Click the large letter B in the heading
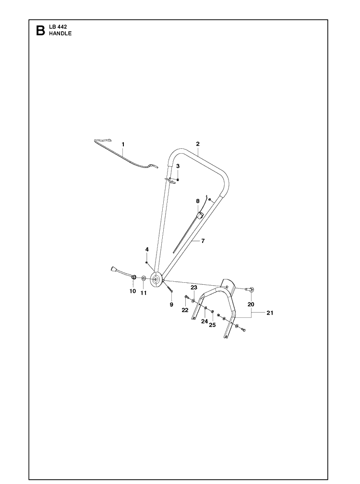[40, 30]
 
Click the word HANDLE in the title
[60, 34]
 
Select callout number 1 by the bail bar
[123, 144]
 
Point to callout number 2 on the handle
[198, 144]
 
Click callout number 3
[178, 166]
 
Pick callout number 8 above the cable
[198, 201]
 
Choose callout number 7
[203, 241]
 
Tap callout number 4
[147, 249]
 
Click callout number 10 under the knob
[132, 291]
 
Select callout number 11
[144, 293]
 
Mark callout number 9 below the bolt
[171, 304]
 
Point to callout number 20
[251, 304]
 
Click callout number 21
[270, 313]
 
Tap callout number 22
[185, 310]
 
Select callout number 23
[194, 287]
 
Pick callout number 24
[204, 321]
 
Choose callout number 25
[212, 325]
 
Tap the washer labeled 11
[144, 278]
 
